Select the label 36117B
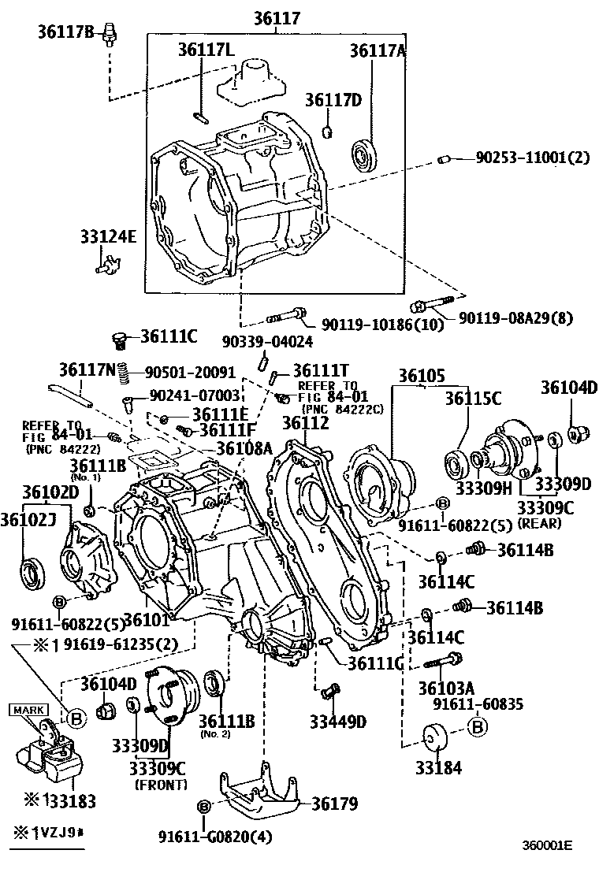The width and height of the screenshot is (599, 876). coord(65,31)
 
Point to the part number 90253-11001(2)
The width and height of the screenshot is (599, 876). coord(532,158)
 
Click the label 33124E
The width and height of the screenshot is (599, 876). coord(107,236)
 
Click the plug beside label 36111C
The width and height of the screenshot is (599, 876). coord(121,340)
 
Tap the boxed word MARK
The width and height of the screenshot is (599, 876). coord(28,711)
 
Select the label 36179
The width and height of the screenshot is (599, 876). coord(334,803)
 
